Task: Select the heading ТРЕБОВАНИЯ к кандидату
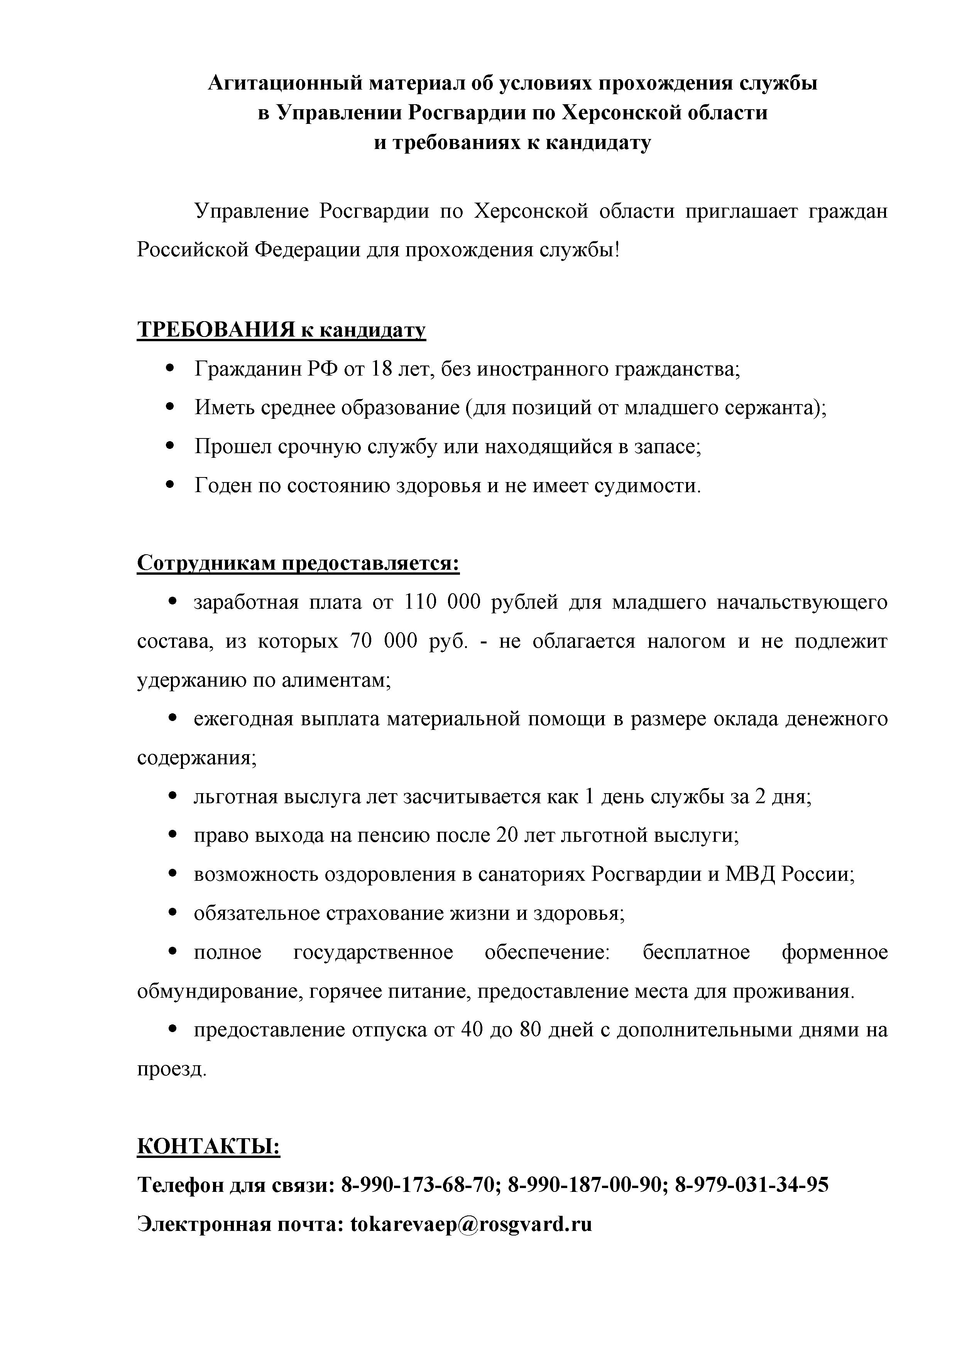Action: (281, 330)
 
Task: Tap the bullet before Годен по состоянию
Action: (171, 485)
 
